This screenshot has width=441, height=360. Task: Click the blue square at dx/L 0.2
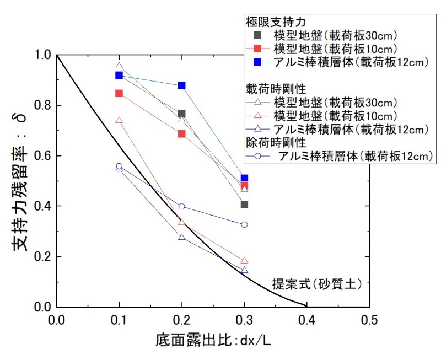182,85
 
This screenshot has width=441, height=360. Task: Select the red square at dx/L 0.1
119,93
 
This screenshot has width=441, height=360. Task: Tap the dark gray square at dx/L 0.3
244,205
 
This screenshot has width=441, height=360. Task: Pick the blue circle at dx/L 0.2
182,207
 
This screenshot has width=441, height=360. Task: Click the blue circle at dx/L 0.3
244,224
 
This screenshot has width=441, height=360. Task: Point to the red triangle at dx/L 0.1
119,120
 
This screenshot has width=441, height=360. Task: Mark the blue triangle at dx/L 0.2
182,237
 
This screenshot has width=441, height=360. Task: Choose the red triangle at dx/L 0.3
244,260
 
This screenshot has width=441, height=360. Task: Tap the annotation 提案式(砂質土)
316,284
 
